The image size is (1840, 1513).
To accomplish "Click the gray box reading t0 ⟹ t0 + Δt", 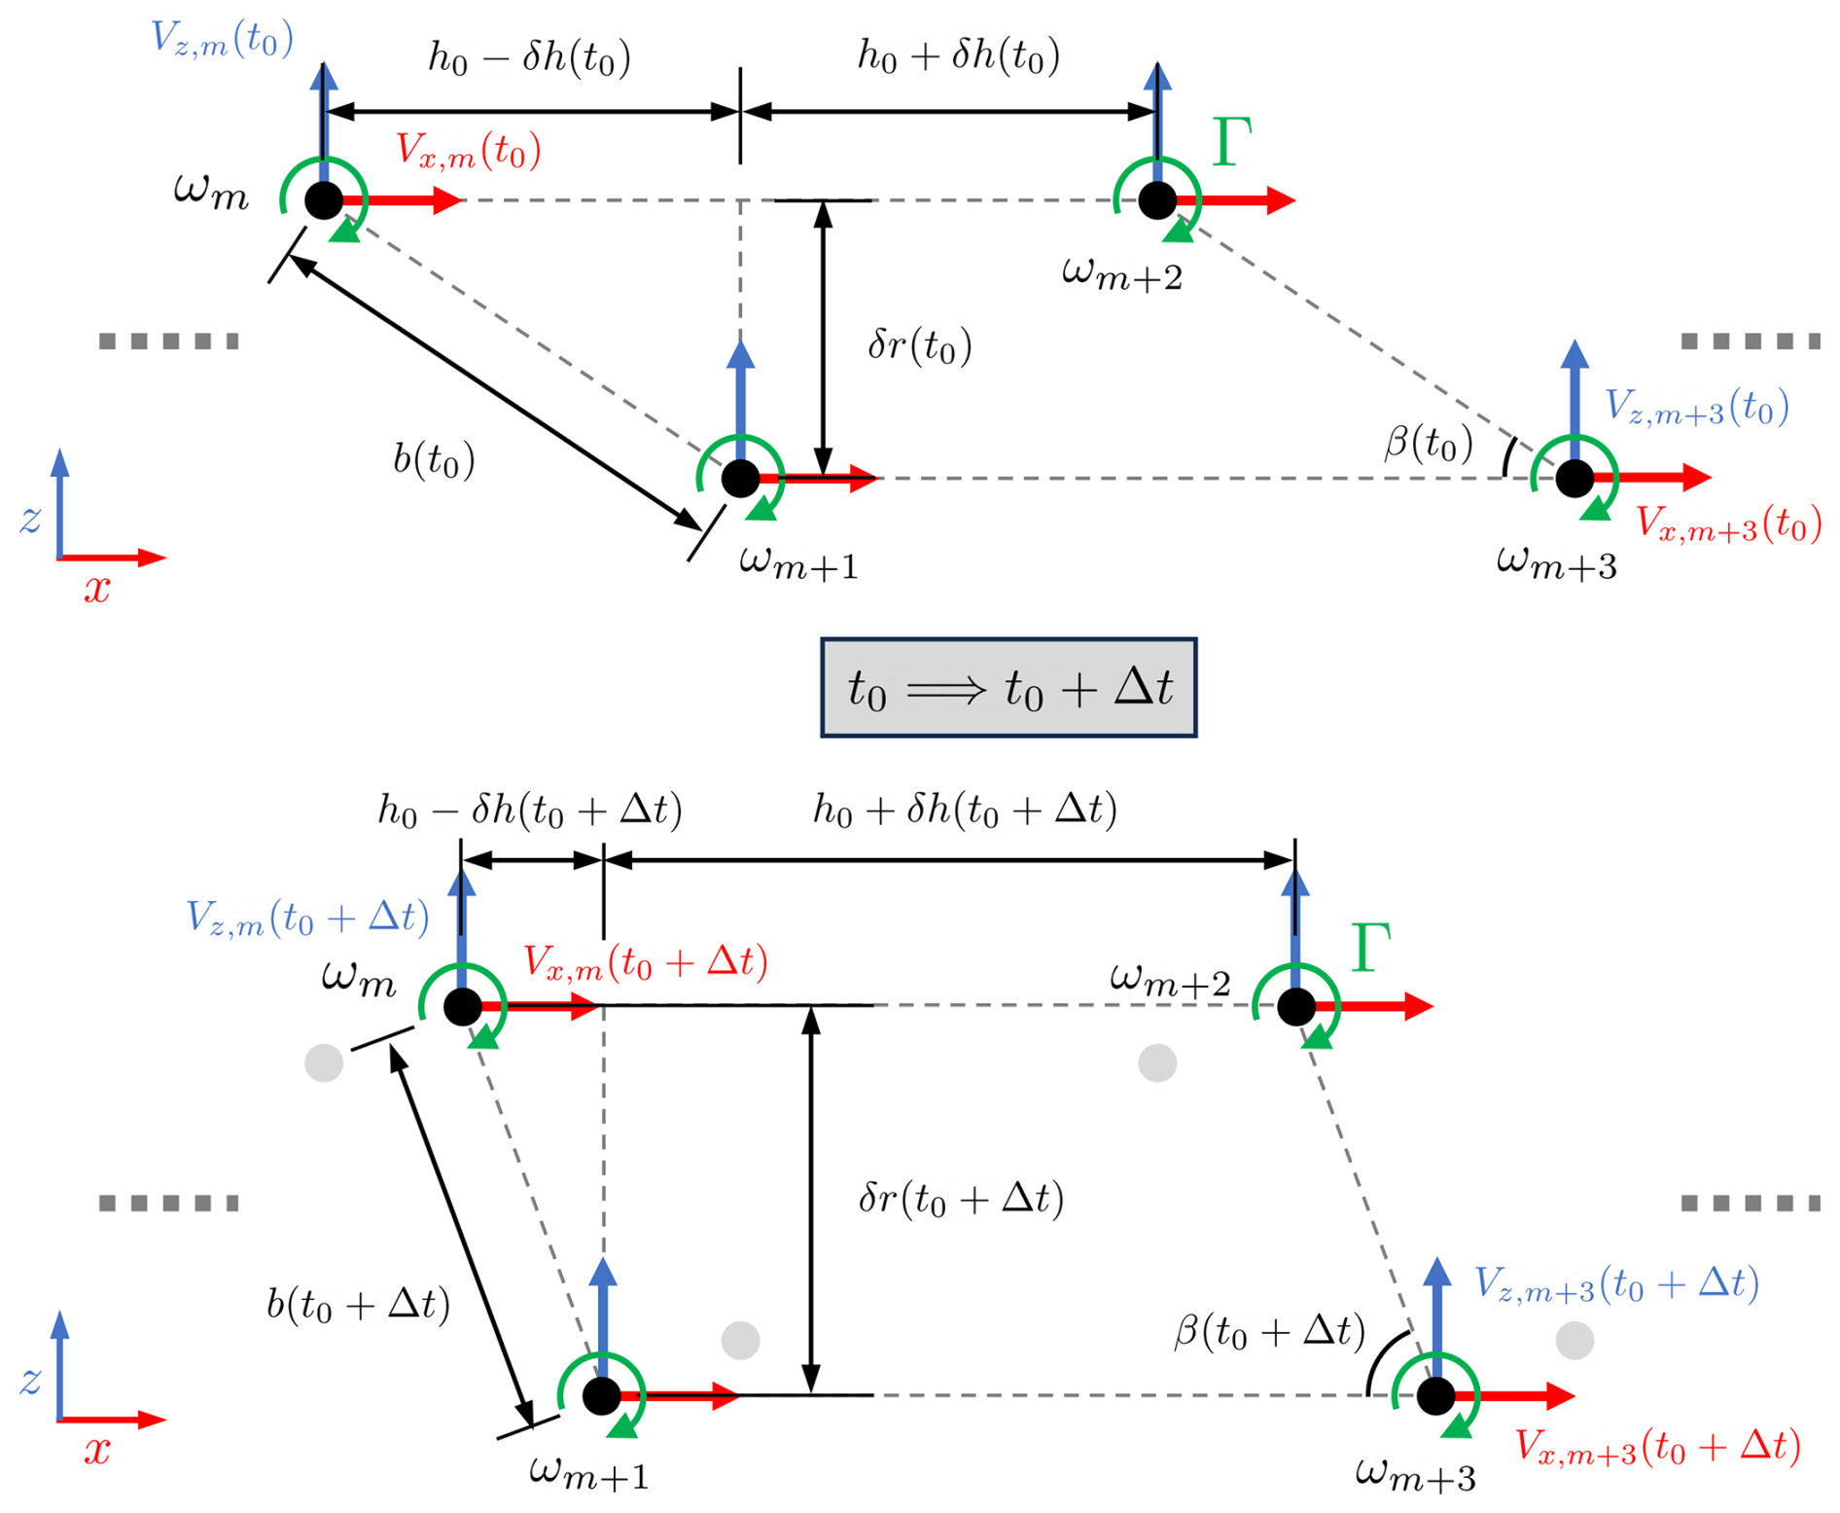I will (x=1008, y=688).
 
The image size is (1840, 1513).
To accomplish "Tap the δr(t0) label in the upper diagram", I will (x=919, y=345).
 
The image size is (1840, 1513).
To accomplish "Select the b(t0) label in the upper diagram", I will (x=434, y=458).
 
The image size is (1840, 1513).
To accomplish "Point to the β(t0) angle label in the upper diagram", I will (x=1428, y=444).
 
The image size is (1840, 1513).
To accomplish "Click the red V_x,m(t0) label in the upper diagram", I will (x=468, y=152).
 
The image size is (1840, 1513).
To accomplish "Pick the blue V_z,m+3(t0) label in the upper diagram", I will (x=1696, y=407).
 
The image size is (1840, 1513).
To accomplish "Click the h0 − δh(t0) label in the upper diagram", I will (x=529, y=58).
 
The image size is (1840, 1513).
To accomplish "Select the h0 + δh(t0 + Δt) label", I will (x=965, y=810).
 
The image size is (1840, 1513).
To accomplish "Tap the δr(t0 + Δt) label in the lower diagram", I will (x=961, y=1199).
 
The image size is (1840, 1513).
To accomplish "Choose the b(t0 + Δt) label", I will (x=358, y=1304).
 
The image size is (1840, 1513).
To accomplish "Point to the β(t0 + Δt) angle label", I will (x=1269, y=1330).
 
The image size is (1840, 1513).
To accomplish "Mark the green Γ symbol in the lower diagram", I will (x=1370, y=948).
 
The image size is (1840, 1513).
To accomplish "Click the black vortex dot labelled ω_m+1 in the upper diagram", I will (x=740, y=478).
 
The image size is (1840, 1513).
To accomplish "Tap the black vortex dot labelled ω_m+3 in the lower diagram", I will (x=1435, y=1395).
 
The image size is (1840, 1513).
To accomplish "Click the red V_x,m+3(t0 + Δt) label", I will (x=1657, y=1447).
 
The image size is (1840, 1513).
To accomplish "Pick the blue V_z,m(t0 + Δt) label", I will (x=307, y=918).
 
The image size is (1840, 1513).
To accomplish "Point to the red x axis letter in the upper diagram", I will (x=96, y=589).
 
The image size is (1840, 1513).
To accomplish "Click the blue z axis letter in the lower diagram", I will (x=30, y=1380).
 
